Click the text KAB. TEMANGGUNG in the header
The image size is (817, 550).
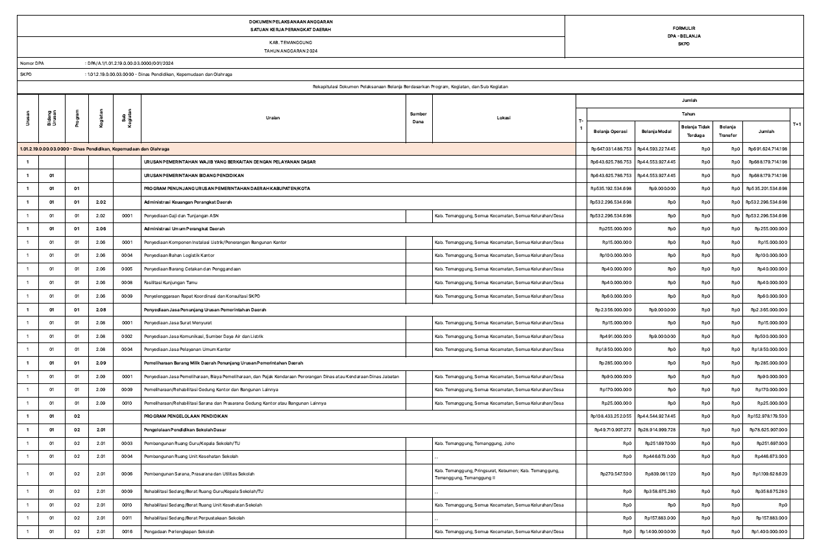[291, 42]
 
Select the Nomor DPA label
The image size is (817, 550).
[31, 63]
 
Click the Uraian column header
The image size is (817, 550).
[273, 117]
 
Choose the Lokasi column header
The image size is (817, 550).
[504, 117]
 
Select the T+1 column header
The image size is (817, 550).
[797, 123]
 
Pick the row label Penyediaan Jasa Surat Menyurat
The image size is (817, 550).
[175, 322]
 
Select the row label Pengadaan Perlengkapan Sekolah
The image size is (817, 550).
[178, 532]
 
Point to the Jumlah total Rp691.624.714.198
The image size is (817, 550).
[771, 149]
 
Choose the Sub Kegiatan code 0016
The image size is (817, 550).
[127, 532]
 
